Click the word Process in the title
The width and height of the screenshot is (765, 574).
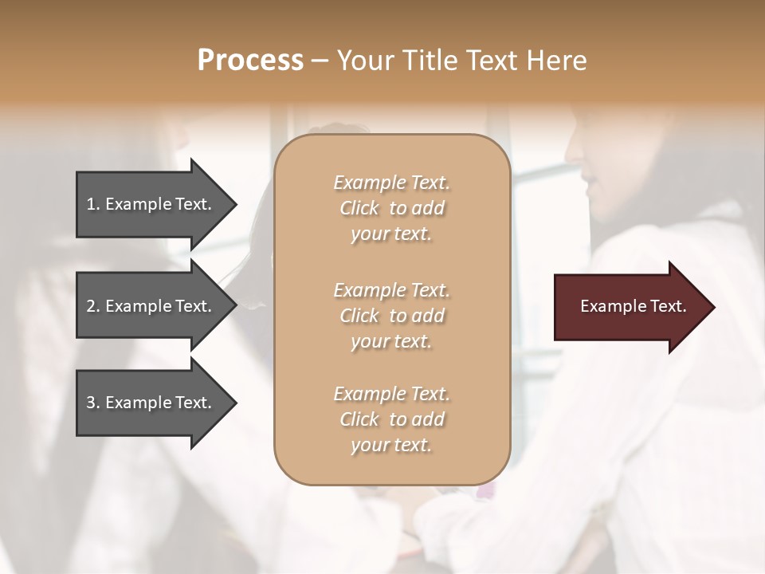pos(250,61)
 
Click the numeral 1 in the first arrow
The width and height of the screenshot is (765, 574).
pos(91,204)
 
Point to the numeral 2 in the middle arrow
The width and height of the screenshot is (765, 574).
pos(91,306)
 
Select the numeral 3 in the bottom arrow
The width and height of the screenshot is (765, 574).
pos(91,403)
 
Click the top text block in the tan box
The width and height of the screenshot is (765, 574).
pos(391,208)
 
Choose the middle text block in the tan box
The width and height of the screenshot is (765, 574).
pos(391,316)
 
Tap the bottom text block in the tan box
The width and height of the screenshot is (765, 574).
pos(391,419)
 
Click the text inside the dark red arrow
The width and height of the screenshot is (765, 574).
pos(633,306)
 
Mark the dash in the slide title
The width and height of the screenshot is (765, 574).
pos(320,61)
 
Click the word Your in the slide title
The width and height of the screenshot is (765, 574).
pos(363,61)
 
